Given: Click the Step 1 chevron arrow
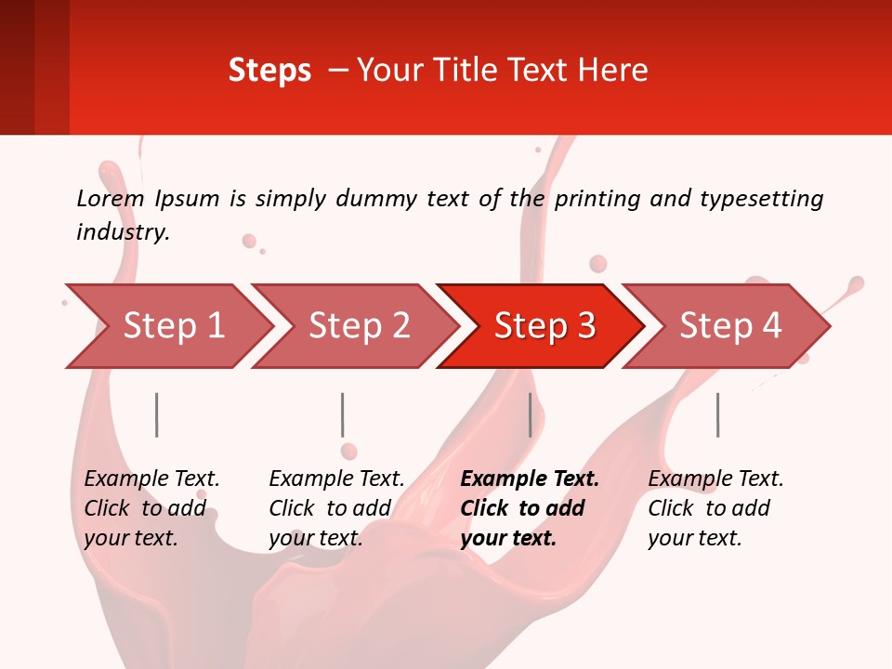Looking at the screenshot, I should [x=172, y=326].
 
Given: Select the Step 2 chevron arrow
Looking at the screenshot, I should [x=358, y=326].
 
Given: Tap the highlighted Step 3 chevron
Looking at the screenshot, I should [x=544, y=326].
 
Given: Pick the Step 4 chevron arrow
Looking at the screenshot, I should [x=729, y=326].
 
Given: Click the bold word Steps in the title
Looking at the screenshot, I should [x=269, y=71].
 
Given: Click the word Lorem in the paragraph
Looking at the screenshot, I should [x=111, y=199].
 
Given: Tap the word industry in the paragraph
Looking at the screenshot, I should [x=123, y=232].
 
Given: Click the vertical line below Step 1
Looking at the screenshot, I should [x=156, y=414].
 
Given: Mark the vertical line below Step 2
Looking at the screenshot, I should [x=342, y=414].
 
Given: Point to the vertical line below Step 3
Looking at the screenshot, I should [x=530, y=414].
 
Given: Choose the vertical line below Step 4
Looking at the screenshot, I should [x=717, y=414].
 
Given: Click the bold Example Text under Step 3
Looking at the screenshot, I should [x=530, y=479].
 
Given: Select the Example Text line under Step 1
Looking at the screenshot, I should [x=151, y=479].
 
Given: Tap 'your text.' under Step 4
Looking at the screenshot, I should [x=694, y=538].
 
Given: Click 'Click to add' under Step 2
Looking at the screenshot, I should [x=330, y=508].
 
